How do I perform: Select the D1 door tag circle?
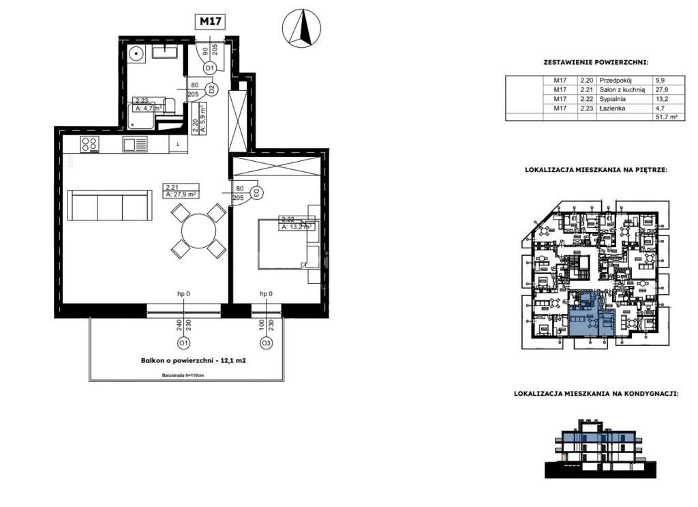[x=210, y=68]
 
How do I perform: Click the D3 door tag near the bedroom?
[x=256, y=192]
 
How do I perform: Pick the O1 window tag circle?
[x=183, y=343]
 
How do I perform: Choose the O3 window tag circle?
[x=267, y=343]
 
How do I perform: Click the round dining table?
[x=198, y=231]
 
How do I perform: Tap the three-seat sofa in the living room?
[x=110, y=207]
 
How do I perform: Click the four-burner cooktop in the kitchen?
[x=90, y=144]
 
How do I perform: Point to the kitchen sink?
[x=135, y=144]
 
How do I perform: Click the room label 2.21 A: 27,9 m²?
[x=181, y=190]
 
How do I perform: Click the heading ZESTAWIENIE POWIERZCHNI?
[x=595, y=62]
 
